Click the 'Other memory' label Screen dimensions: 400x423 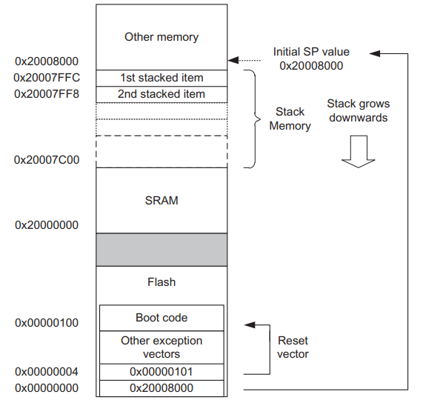[x=161, y=36]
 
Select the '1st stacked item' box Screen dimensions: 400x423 [x=161, y=78]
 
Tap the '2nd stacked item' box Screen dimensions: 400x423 [x=161, y=94]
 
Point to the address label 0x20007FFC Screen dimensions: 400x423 [x=47, y=78]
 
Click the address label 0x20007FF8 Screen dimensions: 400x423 [x=47, y=94]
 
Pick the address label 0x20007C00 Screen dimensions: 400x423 [x=47, y=160]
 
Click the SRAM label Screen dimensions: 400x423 [x=161, y=200]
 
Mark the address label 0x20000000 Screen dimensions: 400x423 [x=47, y=224]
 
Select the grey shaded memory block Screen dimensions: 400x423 [x=161, y=249]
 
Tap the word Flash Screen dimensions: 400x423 [x=161, y=282]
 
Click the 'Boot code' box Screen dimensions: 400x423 [x=161, y=318]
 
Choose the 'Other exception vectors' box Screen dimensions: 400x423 [x=161, y=347]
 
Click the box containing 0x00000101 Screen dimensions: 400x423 [x=161, y=371]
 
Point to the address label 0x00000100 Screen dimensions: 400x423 [x=47, y=323]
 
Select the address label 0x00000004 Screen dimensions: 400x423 [x=47, y=372]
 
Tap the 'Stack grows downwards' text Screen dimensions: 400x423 [x=358, y=111]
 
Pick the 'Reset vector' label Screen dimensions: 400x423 [x=293, y=347]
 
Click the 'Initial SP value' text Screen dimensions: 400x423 [x=311, y=53]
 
